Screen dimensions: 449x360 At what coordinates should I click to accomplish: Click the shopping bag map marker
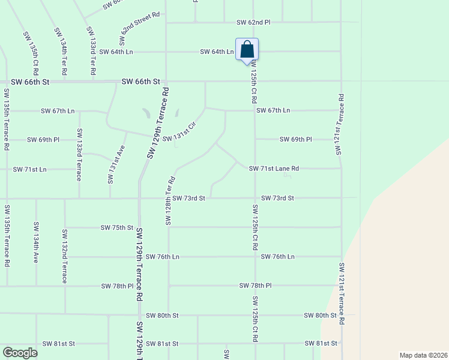(247, 50)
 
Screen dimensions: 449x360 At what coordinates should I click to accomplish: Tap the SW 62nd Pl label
(253, 22)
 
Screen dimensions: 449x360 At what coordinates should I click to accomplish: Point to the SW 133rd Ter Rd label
(92, 50)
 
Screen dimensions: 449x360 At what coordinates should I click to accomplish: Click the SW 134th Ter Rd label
(61, 50)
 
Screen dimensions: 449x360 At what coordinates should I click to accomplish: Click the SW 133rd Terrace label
(79, 155)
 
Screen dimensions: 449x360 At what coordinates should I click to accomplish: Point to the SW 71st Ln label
(30, 169)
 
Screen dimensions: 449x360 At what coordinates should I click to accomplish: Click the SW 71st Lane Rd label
(274, 169)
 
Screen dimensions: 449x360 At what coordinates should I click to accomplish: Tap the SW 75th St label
(116, 227)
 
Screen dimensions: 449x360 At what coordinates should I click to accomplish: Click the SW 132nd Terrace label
(65, 255)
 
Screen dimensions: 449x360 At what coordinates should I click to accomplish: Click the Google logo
(20, 353)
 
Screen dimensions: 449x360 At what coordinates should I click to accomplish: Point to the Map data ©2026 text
(423, 355)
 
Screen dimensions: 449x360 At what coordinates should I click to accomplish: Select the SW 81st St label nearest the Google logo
(59, 344)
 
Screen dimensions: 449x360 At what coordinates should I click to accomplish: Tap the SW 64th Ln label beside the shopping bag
(217, 52)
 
